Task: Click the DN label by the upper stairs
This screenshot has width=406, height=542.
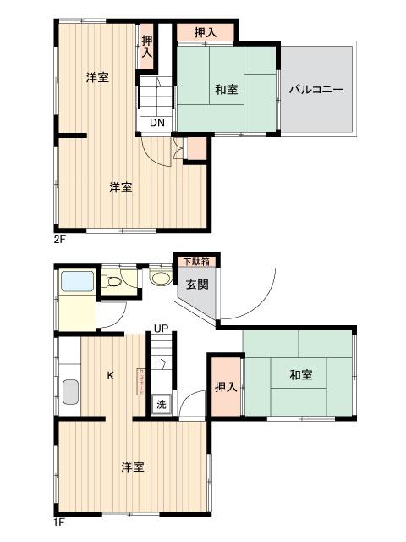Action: point(157,122)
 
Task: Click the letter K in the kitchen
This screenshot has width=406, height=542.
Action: point(110,374)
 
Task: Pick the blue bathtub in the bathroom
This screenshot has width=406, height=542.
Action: point(77,281)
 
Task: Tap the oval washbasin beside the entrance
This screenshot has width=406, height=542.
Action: point(158,277)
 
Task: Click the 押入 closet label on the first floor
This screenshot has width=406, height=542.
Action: point(224,387)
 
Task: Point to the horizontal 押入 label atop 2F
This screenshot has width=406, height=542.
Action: point(206,32)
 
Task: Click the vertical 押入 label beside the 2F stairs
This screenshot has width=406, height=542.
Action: point(147,46)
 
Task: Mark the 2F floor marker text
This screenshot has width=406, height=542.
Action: point(60,240)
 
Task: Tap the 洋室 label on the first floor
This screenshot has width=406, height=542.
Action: point(131,467)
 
